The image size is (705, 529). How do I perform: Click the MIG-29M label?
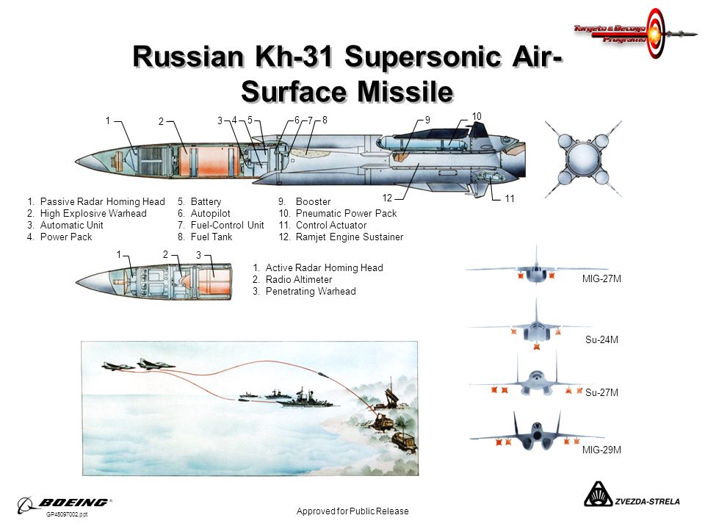(x=601, y=449)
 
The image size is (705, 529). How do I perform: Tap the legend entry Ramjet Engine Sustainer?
(x=349, y=237)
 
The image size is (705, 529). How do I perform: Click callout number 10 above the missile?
(x=476, y=116)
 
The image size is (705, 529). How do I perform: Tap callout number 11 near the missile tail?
(x=510, y=198)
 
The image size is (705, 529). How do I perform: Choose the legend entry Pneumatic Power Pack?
(x=345, y=214)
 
